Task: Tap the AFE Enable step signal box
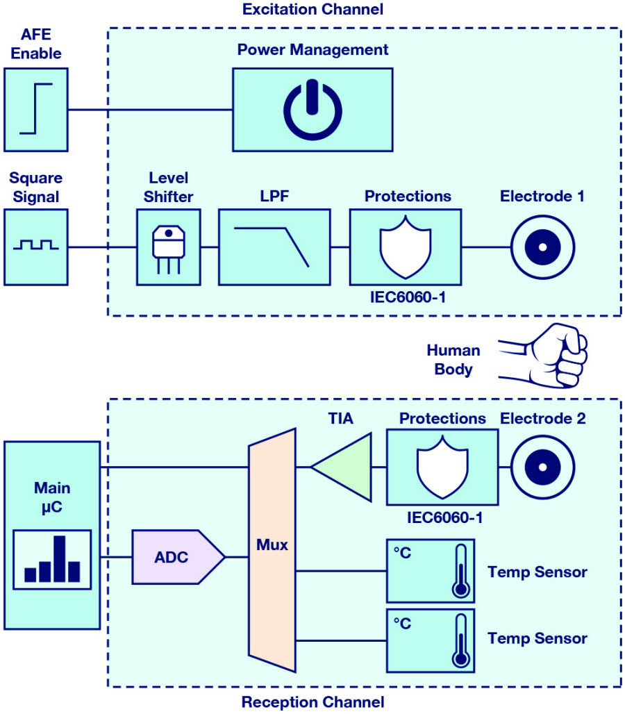36,110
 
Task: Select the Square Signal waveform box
36,247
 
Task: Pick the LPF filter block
274,247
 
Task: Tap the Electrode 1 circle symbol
542,247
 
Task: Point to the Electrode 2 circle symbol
542,467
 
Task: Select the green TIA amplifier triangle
346,467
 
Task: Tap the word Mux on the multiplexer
272,545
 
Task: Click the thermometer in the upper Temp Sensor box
461,570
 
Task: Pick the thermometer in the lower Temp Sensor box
461,640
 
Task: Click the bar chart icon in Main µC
52,559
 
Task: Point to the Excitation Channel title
312,9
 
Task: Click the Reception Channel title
312,701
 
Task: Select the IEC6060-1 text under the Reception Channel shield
444,517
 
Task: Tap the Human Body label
453,359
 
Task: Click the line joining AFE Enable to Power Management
150,110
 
